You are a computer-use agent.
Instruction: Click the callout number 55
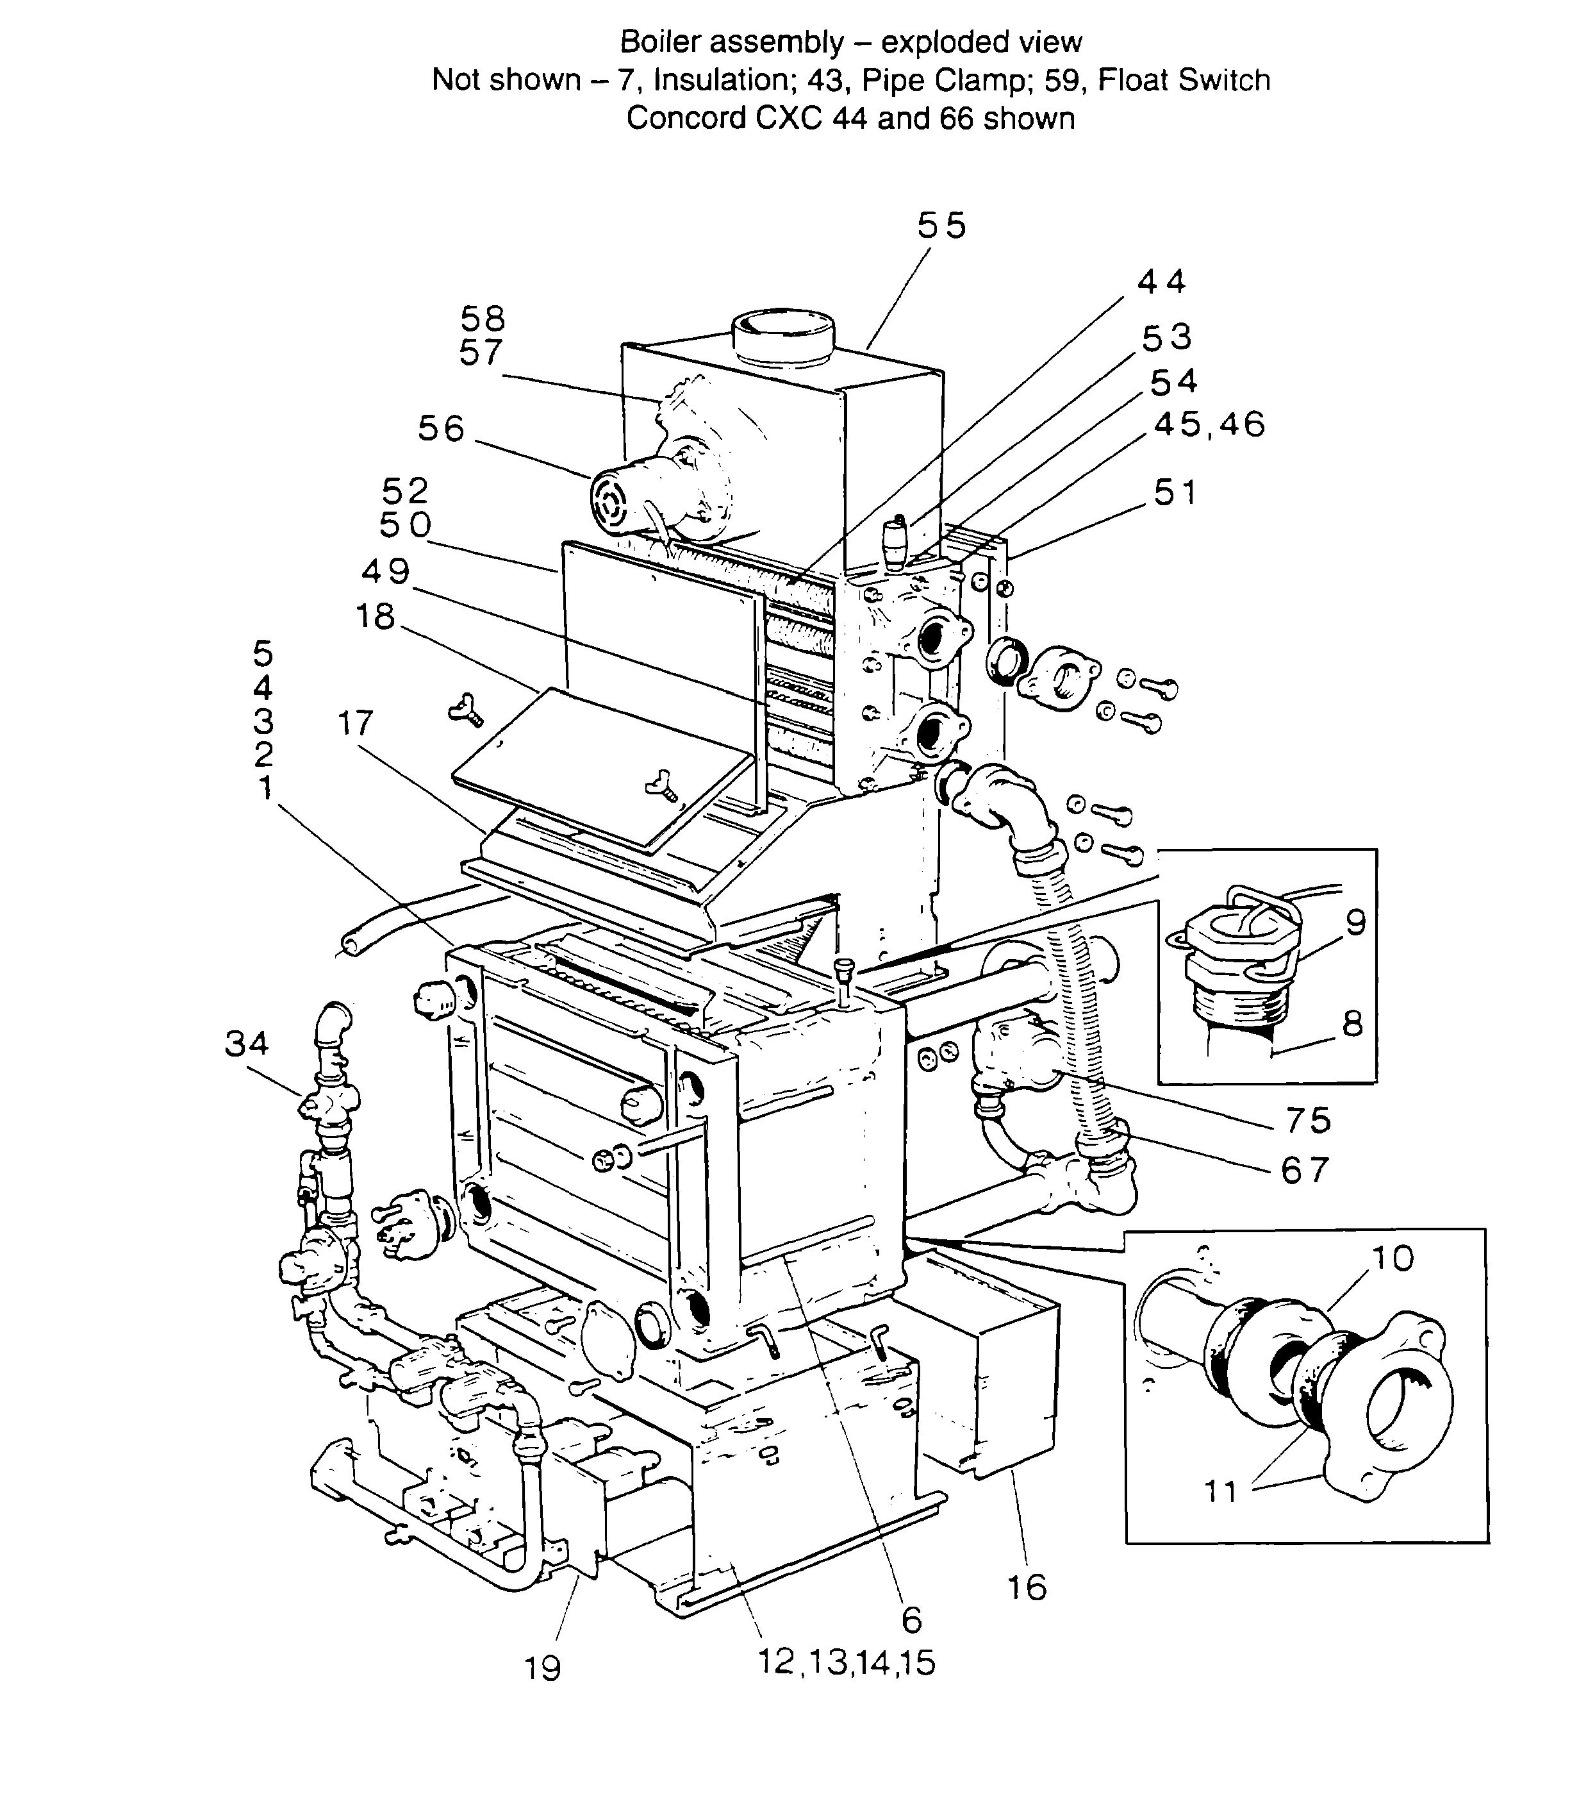pyautogui.click(x=941, y=226)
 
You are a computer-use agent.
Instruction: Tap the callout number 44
pyautogui.click(x=1161, y=281)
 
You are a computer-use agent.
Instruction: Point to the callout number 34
pyautogui.click(x=246, y=1044)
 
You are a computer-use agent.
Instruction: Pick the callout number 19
pyautogui.click(x=543, y=1669)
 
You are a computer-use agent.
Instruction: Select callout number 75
pyautogui.click(x=1307, y=1121)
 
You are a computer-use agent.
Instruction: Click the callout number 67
pyautogui.click(x=1304, y=1170)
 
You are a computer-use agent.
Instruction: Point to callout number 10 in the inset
pyautogui.click(x=1392, y=1258)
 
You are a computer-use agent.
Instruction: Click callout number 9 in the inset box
pyautogui.click(x=1356, y=923)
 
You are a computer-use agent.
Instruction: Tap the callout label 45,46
pyautogui.click(x=1209, y=425)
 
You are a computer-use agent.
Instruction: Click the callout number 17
pyautogui.click(x=356, y=724)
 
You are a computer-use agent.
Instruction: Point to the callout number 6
pyautogui.click(x=912, y=1619)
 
